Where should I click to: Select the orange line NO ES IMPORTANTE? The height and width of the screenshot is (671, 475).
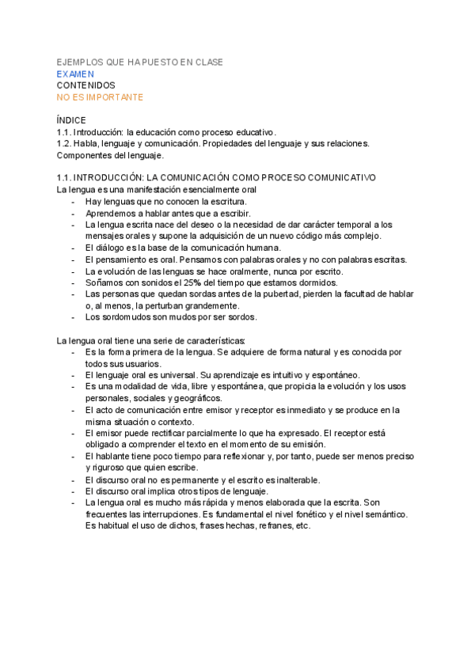click(100, 97)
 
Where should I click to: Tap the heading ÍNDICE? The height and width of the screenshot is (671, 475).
click(71, 119)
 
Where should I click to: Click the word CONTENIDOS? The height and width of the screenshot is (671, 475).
click(86, 85)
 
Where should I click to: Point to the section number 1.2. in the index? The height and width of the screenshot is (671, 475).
click(65, 143)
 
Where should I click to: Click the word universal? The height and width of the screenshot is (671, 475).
click(175, 375)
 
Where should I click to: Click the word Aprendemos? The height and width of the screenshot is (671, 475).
click(114, 214)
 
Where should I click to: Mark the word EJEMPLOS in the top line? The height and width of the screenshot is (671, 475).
click(80, 62)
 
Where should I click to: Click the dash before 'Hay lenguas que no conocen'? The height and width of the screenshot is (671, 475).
click(73, 203)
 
